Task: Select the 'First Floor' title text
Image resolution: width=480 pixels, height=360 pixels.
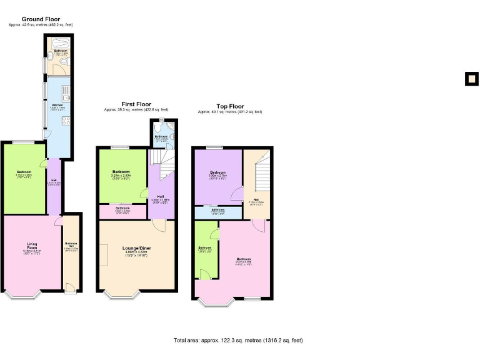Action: [x=136, y=104]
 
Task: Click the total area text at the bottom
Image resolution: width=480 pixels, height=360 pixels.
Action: [x=237, y=341]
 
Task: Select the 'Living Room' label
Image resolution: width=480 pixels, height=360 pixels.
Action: [x=32, y=246]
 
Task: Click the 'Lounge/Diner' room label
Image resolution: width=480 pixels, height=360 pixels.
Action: [x=137, y=248]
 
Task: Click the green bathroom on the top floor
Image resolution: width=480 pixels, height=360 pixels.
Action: [x=206, y=250]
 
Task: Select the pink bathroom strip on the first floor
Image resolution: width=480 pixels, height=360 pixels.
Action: [x=122, y=210]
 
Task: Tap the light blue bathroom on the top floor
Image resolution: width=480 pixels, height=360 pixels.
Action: [x=217, y=212]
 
